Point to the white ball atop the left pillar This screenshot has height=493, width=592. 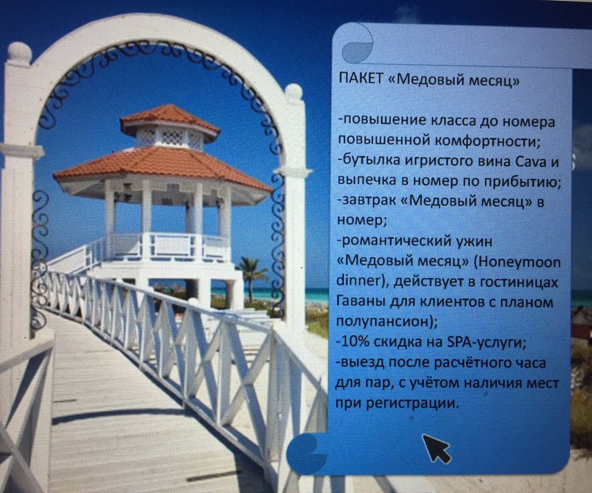(19, 52)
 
